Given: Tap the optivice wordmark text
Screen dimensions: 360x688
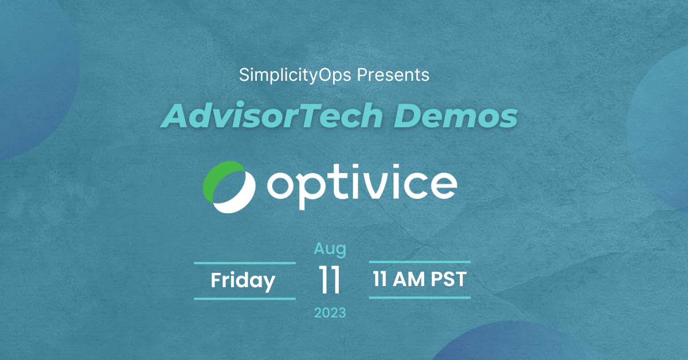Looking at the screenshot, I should click(362, 184).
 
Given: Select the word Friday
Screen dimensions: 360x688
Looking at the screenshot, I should click(243, 281).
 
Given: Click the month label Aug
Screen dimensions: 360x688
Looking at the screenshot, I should click(330, 249).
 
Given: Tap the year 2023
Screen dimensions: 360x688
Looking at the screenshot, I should click(330, 313).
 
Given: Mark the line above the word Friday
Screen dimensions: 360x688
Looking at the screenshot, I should click(245, 263).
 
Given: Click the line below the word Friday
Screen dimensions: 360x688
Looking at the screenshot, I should click(245, 298).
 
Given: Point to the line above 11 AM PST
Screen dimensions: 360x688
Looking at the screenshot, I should click(420, 263).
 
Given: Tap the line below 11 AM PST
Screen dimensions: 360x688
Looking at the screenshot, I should click(420, 298).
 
